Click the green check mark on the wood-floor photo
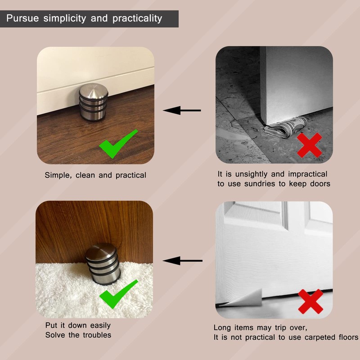coord(118,144)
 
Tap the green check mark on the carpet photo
coord(118,294)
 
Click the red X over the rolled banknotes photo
coord(310,144)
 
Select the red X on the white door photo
coord(310,301)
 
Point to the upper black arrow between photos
coord(181,110)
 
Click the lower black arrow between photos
coord(182,261)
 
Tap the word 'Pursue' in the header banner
coord(22,18)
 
